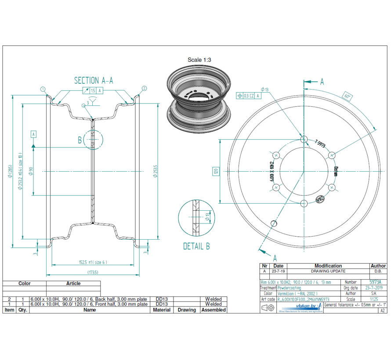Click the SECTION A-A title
point(94,80)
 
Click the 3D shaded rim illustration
point(199,97)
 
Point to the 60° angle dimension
point(348,96)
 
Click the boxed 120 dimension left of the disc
point(216,171)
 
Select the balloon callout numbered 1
point(43,89)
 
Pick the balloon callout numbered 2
point(144,89)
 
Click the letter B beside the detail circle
point(80,140)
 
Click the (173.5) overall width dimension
point(93,272)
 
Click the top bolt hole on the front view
point(303,139)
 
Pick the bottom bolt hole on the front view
point(303,203)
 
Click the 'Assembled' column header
point(214,310)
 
